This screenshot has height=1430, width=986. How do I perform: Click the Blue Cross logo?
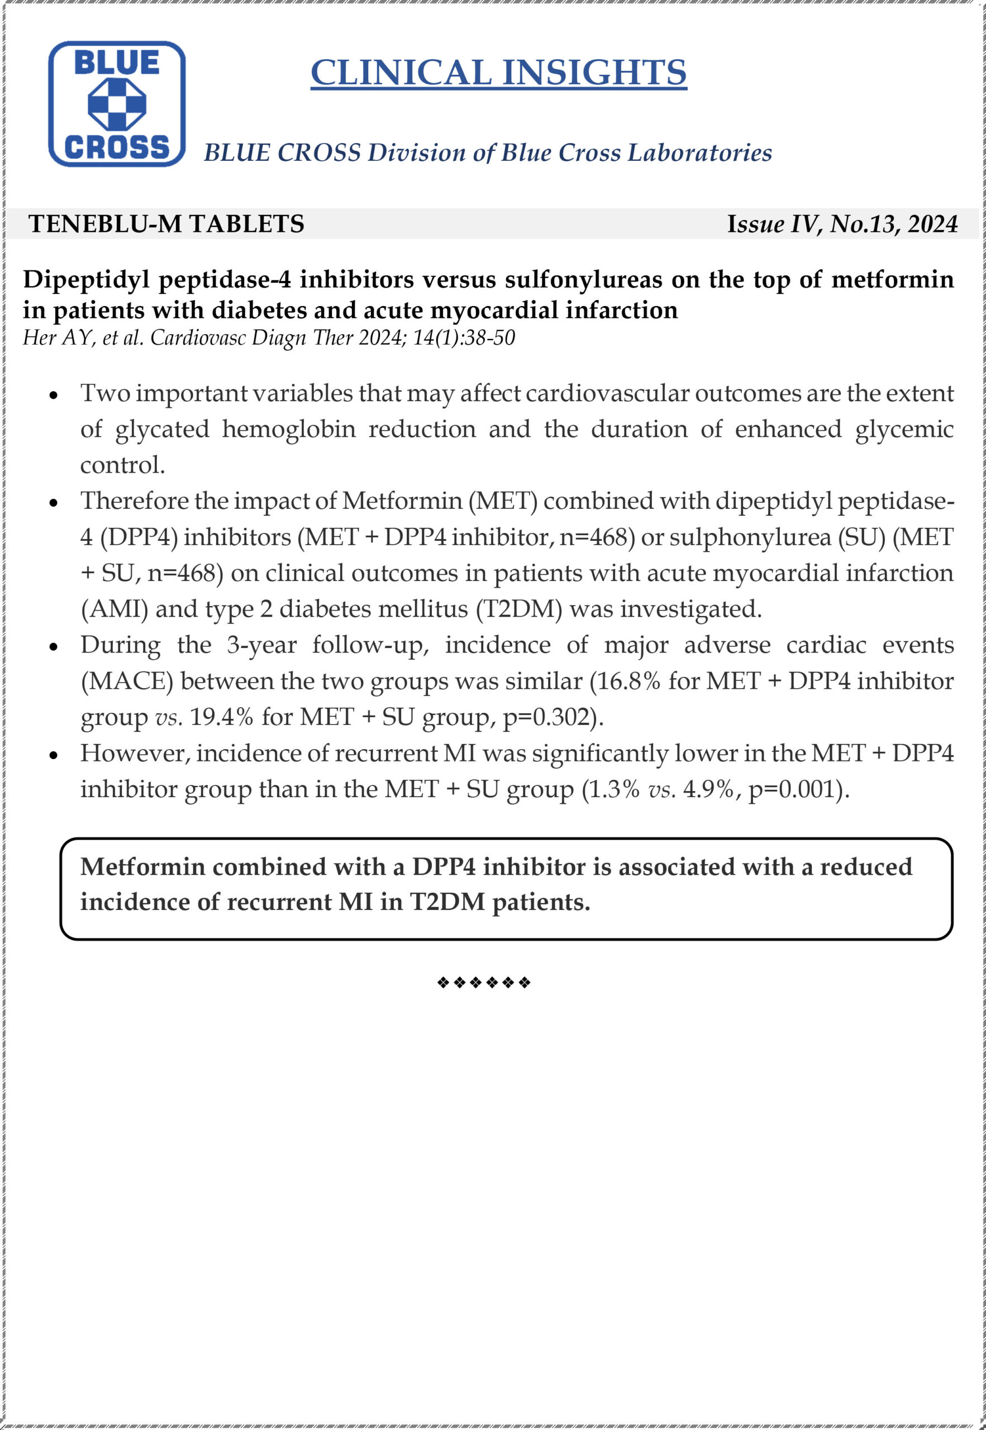point(117,104)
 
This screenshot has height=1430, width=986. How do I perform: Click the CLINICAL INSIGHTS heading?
point(498,73)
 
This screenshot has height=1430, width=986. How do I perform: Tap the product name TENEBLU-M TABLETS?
point(166,223)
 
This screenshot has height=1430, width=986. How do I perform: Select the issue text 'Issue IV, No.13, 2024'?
point(842,223)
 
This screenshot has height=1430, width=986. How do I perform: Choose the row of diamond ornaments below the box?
point(484,983)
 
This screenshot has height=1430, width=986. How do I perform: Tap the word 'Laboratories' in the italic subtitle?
point(699,152)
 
